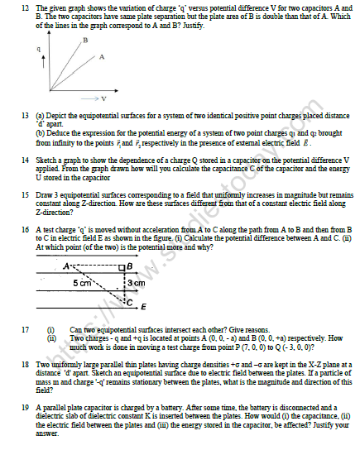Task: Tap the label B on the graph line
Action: click(x=84, y=40)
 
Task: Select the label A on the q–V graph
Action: click(x=102, y=57)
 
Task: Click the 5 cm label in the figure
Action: click(x=82, y=283)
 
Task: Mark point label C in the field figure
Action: click(x=127, y=301)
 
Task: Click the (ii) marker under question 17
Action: click(x=51, y=337)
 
